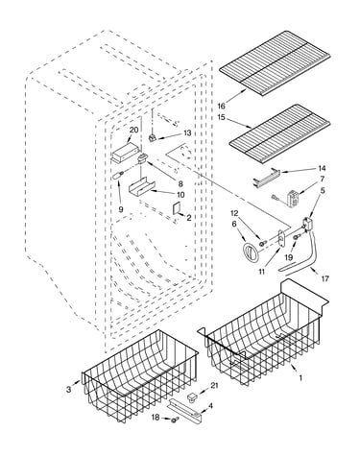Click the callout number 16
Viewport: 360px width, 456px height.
pyautogui.click(x=221, y=106)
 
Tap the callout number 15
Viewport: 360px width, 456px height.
pyautogui.click(x=221, y=117)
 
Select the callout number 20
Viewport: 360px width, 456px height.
pyautogui.click(x=134, y=130)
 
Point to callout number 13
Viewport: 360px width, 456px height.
pyautogui.click(x=187, y=132)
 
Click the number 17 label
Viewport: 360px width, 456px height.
pyautogui.click(x=324, y=278)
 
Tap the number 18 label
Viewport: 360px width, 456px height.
pyautogui.click(x=156, y=418)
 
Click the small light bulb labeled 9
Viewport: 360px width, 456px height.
pyautogui.click(x=118, y=176)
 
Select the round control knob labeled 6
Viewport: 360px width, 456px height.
pyautogui.click(x=250, y=252)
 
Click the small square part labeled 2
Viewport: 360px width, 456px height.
pyautogui.click(x=177, y=209)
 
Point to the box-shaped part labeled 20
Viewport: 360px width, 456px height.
pyautogui.click(x=126, y=152)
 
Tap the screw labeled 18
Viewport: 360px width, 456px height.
pyautogui.click(x=174, y=420)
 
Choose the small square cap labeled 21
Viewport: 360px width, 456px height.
pyautogui.click(x=192, y=397)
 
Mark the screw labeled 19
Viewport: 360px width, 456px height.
pyautogui.click(x=296, y=237)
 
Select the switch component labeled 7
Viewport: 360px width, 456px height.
pyautogui.click(x=292, y=197)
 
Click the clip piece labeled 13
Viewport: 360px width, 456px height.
pyautogui.click(x=153, y=138)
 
